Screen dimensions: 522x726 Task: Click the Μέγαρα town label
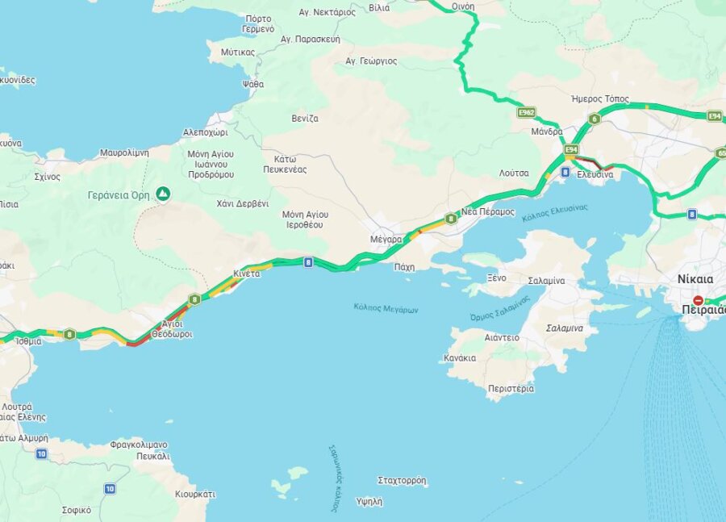tap(386, 240)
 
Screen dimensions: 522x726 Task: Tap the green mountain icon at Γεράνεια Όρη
tap(164, 194)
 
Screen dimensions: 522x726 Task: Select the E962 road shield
tap(527, 112)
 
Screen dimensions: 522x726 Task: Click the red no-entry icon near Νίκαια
tap(698, 300)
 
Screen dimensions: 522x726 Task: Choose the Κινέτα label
tap(247, 274)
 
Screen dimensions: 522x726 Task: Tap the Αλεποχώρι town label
tap(205, 132)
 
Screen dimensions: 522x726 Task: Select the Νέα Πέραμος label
tap(487, 211)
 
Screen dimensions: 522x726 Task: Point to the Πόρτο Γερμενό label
tap(258, 23)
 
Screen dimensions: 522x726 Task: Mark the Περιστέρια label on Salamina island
tap(511, 388)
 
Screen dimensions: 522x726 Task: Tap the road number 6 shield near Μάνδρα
tap(595, 119)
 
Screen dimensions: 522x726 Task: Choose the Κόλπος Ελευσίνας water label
tap(555, 213)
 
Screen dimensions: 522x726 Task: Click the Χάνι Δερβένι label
tap(243, 203)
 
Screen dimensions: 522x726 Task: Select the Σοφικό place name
tap(77, 510)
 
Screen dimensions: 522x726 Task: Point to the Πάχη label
tap(404, 266)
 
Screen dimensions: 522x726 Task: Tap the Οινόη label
tap(463, 6)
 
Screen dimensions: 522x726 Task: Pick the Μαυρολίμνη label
tap(124, 152)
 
